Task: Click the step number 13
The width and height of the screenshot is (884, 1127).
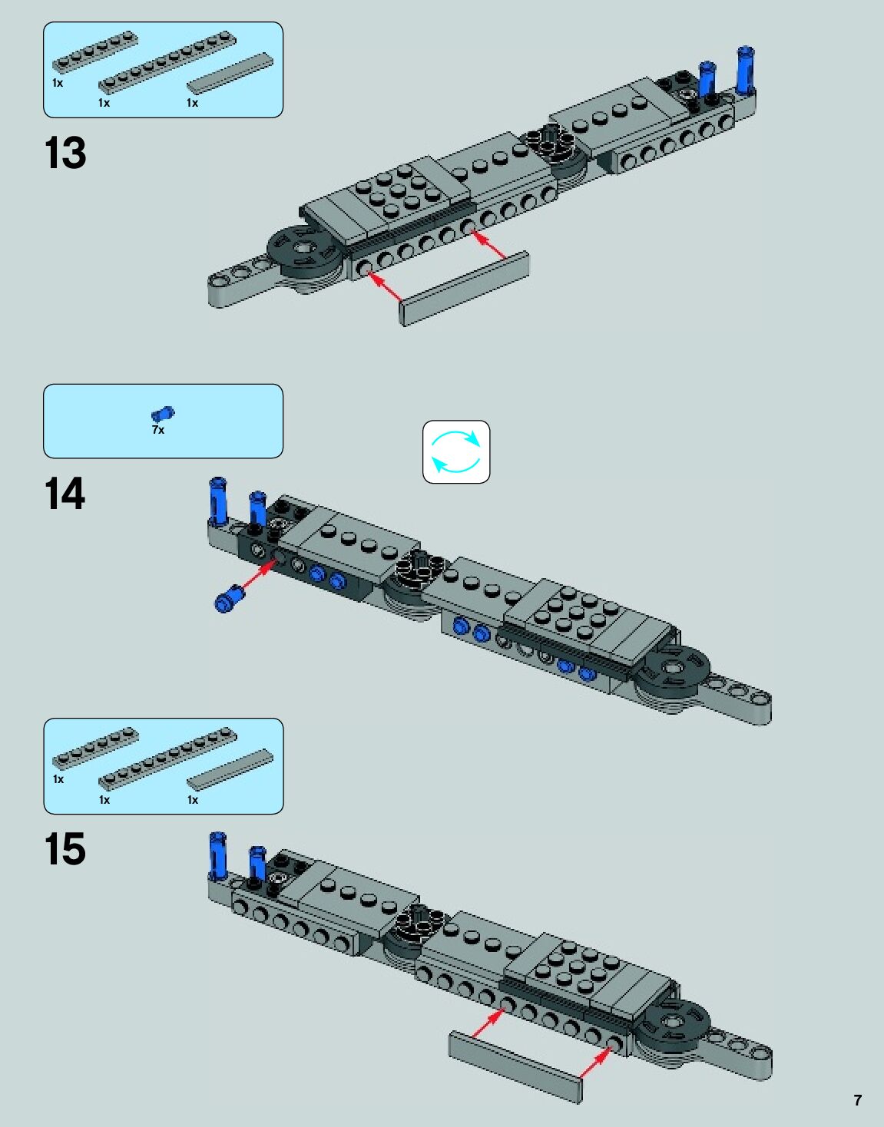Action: (65, 154)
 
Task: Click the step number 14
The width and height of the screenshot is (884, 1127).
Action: (65, 494)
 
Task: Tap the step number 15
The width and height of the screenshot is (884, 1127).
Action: (65, 850)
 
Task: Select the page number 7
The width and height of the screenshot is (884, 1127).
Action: (857, 1100)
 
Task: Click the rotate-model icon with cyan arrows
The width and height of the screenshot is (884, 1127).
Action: (456, 452)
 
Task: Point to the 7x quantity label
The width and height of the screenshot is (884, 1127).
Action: (158, 430)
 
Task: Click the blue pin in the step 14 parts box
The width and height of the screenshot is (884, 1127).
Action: (163, 415)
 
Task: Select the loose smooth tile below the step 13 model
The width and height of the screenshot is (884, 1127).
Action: (464, 288)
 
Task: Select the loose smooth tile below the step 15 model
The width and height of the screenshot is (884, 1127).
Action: (515, 1066)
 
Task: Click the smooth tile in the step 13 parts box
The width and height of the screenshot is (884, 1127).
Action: (230, 74)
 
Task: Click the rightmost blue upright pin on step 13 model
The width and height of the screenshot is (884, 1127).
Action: (745, 71)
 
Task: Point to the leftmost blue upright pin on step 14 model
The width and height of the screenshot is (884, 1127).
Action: (218, 501)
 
